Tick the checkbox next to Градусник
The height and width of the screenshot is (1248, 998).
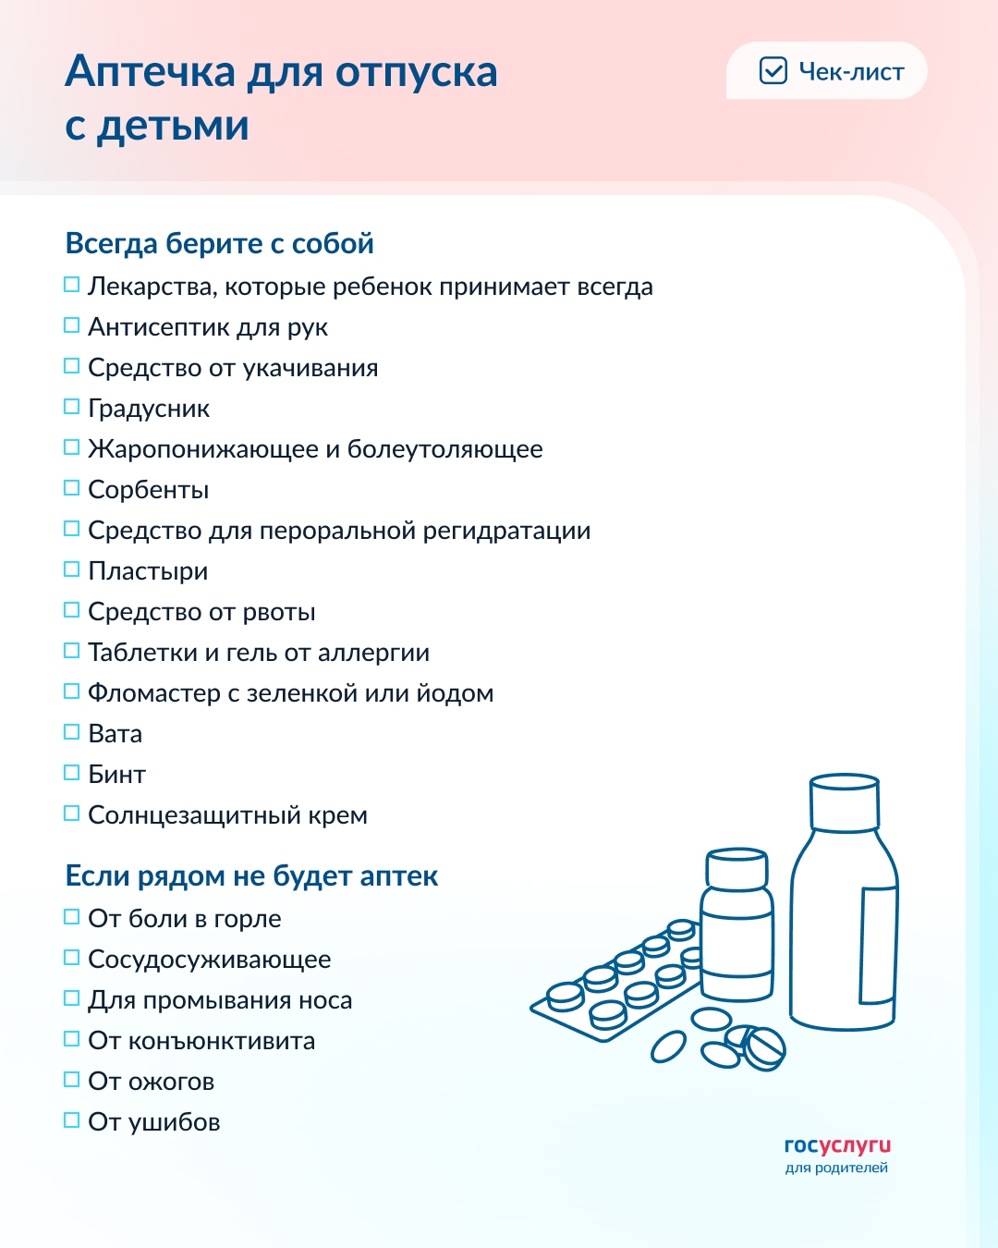(71, 407)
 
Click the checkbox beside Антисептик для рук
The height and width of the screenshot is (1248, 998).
(71, 325)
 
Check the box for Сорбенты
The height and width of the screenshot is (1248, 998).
(71, 488)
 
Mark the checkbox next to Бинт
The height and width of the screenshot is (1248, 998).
(71, 773)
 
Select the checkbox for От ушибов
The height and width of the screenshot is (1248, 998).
(71, 1120)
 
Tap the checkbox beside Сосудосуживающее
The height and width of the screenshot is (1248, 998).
(71, 958)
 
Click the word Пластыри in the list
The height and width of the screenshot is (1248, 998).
(148, 571)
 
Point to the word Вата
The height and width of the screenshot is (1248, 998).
(115, 734)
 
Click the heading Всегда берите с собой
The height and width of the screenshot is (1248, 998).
(219, 243)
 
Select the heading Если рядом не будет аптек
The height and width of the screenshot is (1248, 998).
(251, 875)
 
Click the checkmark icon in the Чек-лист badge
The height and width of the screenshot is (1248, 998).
(773, 71)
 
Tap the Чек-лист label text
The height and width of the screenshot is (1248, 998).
(851, 72)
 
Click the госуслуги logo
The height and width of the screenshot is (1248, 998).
(837, 1145)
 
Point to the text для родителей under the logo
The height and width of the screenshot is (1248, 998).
(836, 1168)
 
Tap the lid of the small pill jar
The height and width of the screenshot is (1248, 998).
(736, 869)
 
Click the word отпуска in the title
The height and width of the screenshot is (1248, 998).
(416, 72)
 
